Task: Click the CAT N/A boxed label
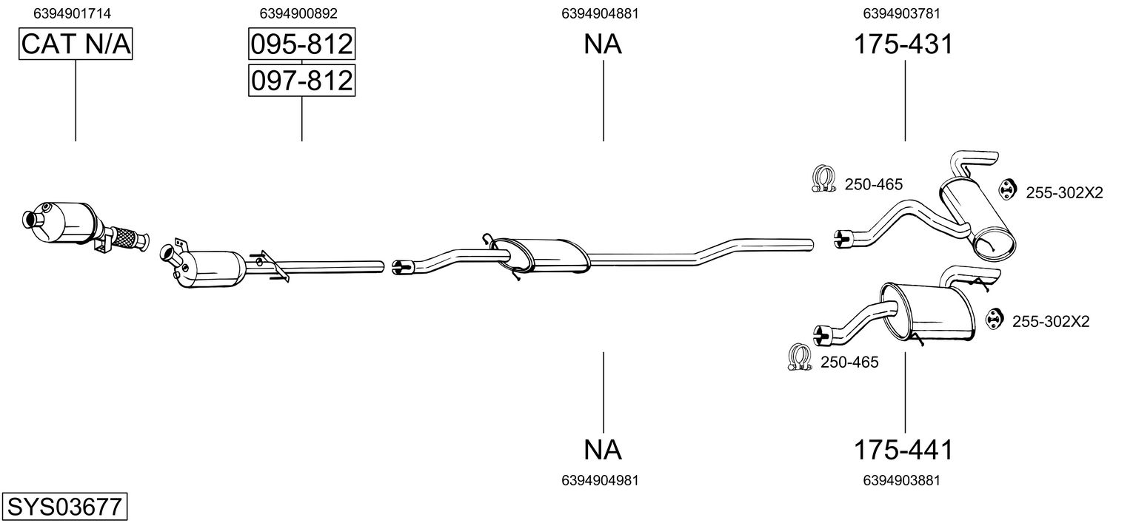76,44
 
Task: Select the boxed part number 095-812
301,44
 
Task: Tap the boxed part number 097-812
301,80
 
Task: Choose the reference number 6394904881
601,13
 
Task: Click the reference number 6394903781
902,13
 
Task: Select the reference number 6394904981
601,480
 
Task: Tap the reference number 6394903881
902,480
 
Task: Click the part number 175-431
903,44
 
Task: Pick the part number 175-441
903,449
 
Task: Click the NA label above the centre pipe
603,44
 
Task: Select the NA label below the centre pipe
603,449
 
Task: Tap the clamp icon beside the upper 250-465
823,179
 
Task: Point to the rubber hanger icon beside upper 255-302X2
1006,189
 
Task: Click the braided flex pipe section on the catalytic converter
127,239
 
